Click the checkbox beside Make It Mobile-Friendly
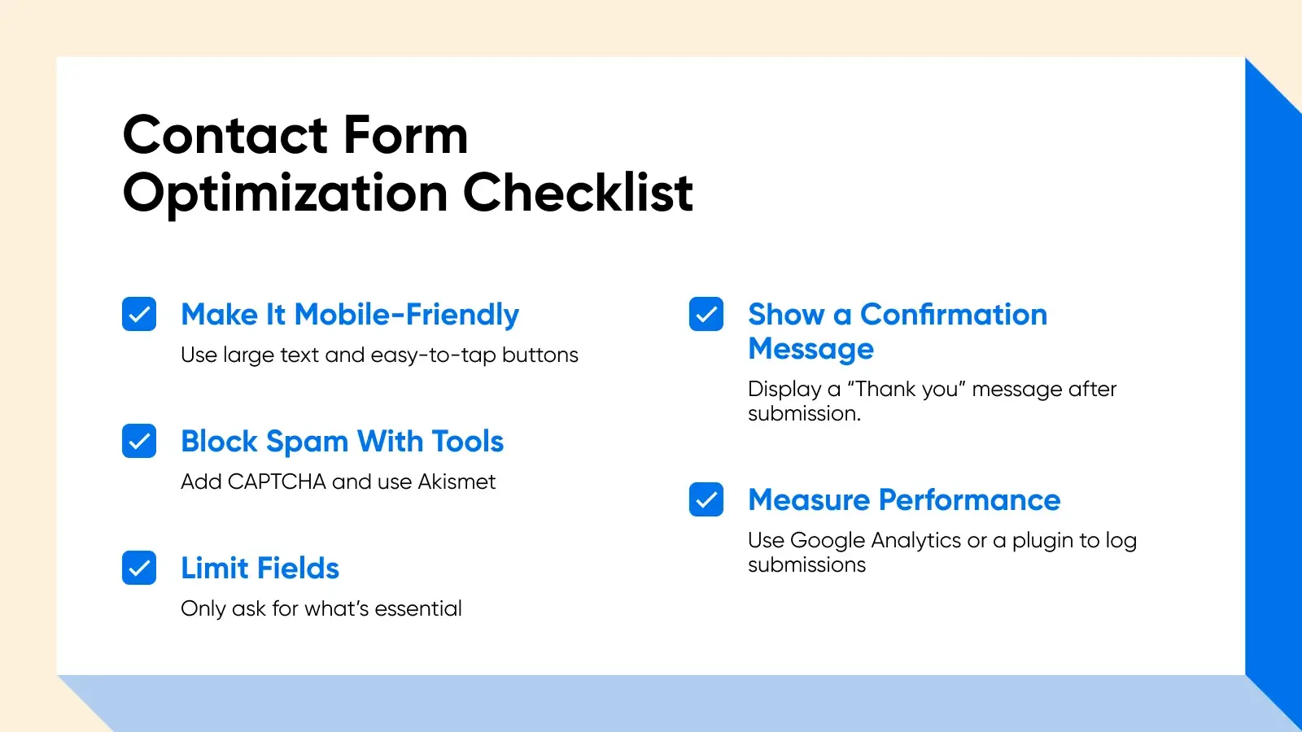[139, 314]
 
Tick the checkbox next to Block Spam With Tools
[139, 441]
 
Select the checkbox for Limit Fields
[139, 568]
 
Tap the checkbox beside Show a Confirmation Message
[706, 314]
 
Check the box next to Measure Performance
[706, 499]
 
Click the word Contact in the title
[225, 135]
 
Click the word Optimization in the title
[285, 195]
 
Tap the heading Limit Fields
[260, 569]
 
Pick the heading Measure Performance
[904, 500]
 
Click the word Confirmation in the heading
[954, 315]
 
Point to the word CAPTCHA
[277, 481]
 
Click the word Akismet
[457, 481]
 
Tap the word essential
[418, 608]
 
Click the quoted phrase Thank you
[907, 389]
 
